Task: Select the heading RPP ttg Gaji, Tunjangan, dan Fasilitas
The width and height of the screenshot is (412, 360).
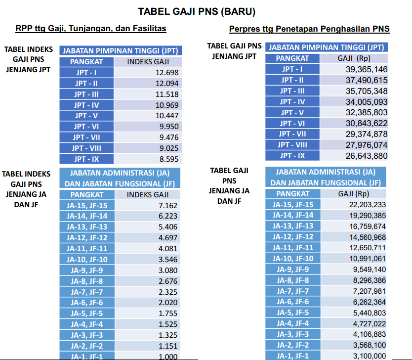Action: point(91,29)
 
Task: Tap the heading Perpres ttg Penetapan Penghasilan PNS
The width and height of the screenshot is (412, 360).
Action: point(309,29)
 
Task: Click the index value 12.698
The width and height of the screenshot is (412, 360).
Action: point(167,73)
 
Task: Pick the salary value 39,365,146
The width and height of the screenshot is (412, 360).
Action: point(367,69)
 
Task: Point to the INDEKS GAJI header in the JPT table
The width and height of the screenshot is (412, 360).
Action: point(148,62)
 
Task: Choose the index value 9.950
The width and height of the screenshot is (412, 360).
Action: point(169,127)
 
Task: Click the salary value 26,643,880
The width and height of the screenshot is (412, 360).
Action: point(367,156)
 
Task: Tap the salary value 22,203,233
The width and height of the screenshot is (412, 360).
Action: point(367,205)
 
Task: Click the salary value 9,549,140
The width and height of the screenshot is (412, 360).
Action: point(370,270)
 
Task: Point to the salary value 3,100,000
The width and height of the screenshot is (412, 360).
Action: point(370,356)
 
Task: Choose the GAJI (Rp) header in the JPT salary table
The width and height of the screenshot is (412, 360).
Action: point(354,58)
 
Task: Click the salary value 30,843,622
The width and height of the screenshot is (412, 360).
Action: point(367,124)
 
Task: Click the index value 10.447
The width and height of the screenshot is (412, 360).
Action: point(167,116)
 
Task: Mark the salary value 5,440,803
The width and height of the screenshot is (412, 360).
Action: point(370,313)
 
